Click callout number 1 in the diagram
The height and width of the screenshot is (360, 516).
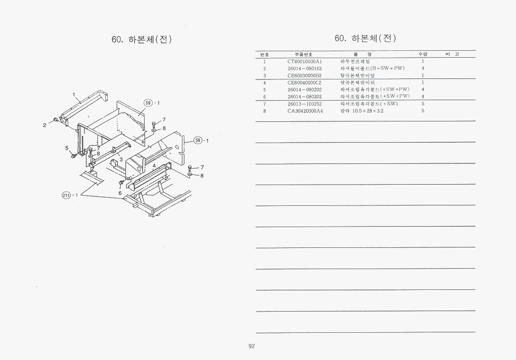[74, 95]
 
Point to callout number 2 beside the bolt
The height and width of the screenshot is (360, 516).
[45, 125]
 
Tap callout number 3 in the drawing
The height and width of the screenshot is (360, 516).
[121, 160]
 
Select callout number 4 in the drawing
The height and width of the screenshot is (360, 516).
[154, 165]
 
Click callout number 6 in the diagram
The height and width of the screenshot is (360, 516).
[120, 193]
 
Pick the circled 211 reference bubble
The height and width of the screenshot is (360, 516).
[66, 195]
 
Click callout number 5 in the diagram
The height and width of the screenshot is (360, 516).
[67, 148]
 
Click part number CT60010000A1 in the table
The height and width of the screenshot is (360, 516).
[304, 61]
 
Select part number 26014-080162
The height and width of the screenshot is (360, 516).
[304, 68]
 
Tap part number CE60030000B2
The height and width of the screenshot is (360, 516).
[304, 76]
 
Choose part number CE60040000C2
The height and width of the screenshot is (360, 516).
[304, 83]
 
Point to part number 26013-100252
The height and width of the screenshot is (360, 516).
[304, 104]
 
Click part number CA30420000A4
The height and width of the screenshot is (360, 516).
[304, 111]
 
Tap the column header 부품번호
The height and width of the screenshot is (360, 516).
[304, 54]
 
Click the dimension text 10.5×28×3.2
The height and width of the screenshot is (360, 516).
[368, 111]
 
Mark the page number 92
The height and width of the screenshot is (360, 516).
[252, 347]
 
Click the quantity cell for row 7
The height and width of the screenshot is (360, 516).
[423, 104]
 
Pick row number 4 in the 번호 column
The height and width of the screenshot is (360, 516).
[265, 83]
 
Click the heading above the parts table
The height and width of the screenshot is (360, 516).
[365, 38]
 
